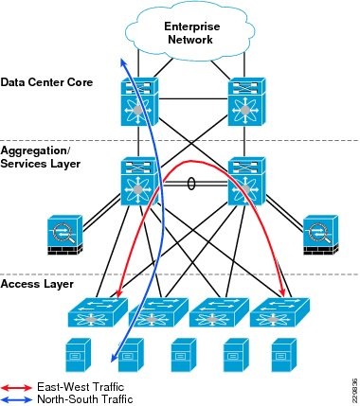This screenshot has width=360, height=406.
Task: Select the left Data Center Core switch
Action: coord(139,98)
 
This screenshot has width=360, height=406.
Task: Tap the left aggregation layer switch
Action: coord(139,180)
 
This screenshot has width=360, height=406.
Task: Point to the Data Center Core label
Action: coord(46,82)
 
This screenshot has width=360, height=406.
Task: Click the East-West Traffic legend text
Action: coord(80,387)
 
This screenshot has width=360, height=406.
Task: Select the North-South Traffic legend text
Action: coord(83,399)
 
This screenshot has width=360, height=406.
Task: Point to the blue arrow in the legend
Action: coord(16,399)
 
